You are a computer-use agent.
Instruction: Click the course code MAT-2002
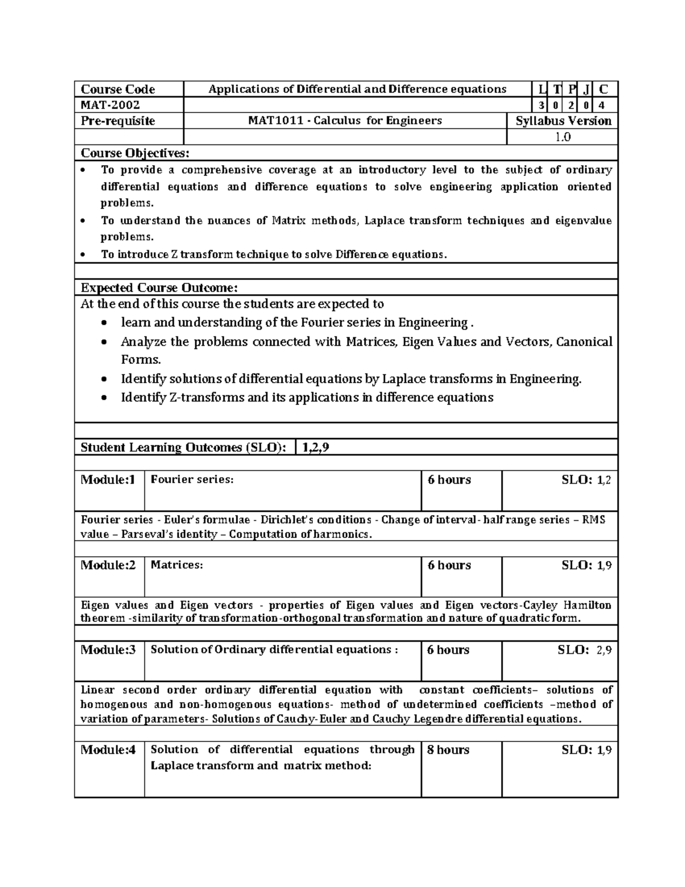(110, 105)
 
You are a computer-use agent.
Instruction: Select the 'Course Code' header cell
(118, 89)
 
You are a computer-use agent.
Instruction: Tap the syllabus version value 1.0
(562, 137)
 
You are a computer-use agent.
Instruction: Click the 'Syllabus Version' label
(563, 121)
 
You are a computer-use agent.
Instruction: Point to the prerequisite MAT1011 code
(270, 121)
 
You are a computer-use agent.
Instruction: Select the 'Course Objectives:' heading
(134, 153)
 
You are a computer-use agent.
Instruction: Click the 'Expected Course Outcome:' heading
(159, 287)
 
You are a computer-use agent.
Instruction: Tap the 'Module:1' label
(108, 480)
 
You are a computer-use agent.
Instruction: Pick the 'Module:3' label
(108, 650)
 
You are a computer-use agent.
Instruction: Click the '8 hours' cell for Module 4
(448, 750)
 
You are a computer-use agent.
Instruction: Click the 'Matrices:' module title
(176, 565)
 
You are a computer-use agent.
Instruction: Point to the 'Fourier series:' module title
(192, 480)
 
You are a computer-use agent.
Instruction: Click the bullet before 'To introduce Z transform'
(84, 255)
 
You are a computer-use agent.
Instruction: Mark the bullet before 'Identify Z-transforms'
(103, 398)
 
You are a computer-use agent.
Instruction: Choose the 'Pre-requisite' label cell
(118, 121)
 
